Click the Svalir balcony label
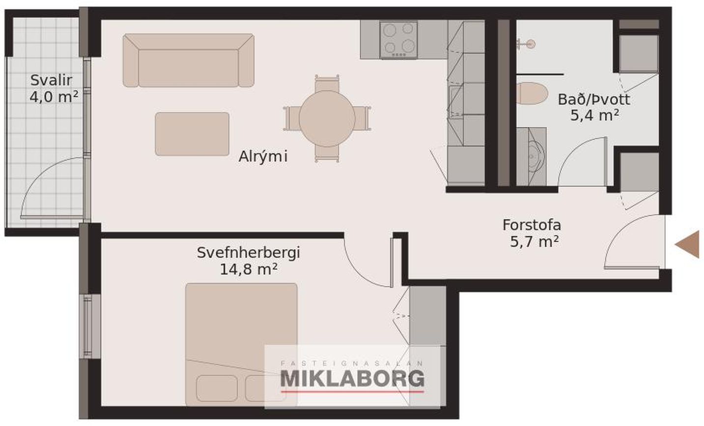(x=51, y=81)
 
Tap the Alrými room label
(x=263, y=156)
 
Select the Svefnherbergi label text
(x=248, y=253)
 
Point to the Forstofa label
(x=532, y=225)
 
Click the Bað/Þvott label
(x=593, y=100)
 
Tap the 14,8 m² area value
(x=248, y=269)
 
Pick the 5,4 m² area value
(x=594, y=115)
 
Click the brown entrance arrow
(x=688, y=244)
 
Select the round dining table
(x=327, y=118)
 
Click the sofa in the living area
(x=189, y=60)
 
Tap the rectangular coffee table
(x=192, y=134)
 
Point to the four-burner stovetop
(x=398, y=40)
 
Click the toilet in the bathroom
(x=532, y=93)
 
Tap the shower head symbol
(x=527, y=44)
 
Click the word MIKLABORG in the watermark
(x=352, y=379)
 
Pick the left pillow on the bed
(x=217, y=388)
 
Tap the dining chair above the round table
(x=327, y=84)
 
